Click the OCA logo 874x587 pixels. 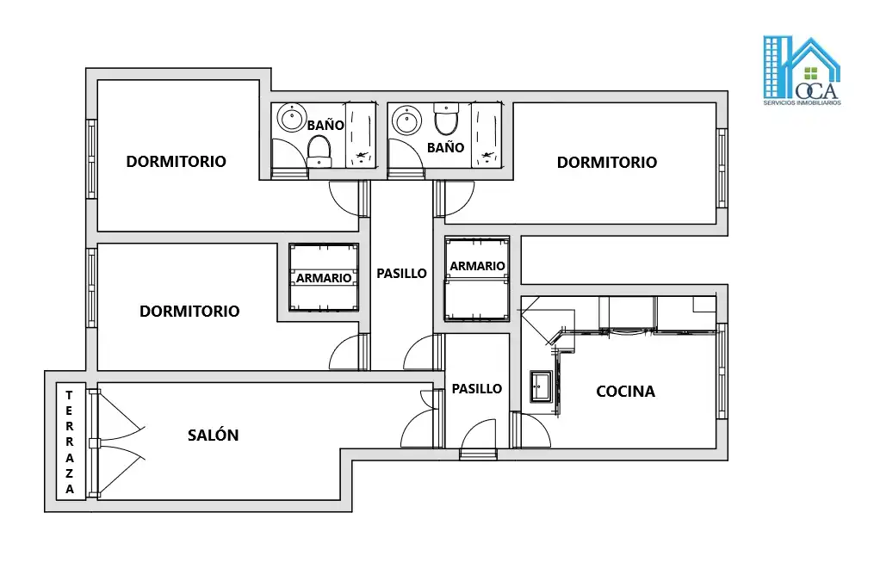(802, 71)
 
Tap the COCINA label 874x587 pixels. (625, 392)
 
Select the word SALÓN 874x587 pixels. (213, 435)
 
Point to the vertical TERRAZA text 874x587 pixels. (70, 442)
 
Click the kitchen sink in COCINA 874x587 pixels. (540, 386)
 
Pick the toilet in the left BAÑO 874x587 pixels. (319, 151)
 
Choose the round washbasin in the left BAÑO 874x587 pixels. (292, 118)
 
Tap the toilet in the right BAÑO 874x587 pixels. (446, 119)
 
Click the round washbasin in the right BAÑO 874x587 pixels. (407, 120)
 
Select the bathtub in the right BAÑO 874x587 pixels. (486, 135)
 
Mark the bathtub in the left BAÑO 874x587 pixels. (361, 135)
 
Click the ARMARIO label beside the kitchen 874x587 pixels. (477, 266)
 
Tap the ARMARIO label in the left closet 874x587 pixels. (324, 278)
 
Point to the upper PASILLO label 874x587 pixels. (401, 274)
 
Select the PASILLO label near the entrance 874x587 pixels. (476, 389)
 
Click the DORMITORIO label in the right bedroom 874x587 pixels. (606, 162)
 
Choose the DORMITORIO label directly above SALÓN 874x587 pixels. (189, 311)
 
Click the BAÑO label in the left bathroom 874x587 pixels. (325, 126)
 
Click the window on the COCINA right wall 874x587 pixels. (722, 371)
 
